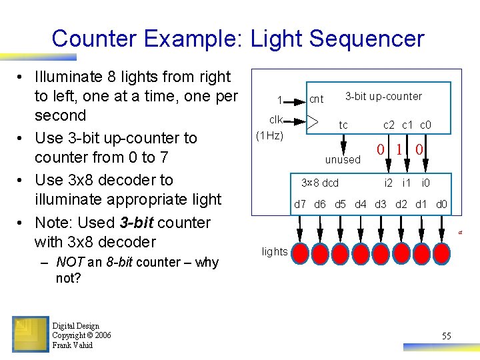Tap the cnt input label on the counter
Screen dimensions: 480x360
[317, 99]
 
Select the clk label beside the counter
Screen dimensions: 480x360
[276, 119]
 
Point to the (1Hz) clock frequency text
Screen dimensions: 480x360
[270, 136]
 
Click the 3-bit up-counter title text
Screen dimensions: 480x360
[383, 96]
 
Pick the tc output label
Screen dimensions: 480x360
[343, 125]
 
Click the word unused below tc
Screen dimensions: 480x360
[343, 160]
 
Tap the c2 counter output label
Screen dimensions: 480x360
[389, 125]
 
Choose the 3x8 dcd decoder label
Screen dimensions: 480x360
[321, 183]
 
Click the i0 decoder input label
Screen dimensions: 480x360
[425, 183]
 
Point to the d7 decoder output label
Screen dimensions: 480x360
[300, 205]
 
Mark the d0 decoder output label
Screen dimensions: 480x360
[441, 205]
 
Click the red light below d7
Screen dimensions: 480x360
[300, 253]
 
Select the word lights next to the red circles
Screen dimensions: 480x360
[275, 251]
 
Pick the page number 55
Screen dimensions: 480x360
[446, 336]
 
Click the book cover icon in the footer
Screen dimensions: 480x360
[30, 334]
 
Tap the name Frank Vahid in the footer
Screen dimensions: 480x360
[73, 345]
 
